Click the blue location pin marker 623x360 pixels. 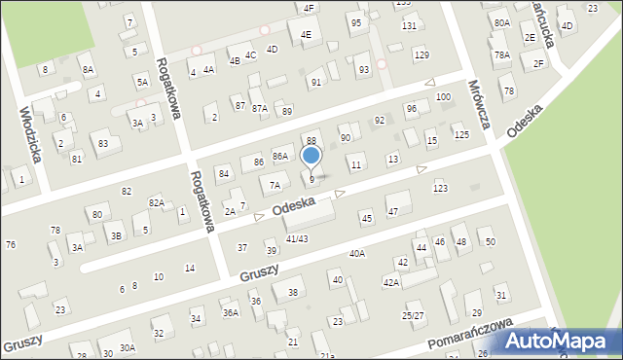pyautogui.click(x=311, y=156)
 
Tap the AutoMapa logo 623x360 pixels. pyautogui.click(x=560, y=341)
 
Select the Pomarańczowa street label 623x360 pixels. pyautogui.click(x=468, y=338)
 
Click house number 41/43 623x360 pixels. pyautogui.click(x=297, y=238)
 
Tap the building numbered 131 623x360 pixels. pyautogui.click(x=409, y=25)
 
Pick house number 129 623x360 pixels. pyautogui.click(x=421, y=54)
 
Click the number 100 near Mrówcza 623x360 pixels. pyautogui.click(x=443, y=97)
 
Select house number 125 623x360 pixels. pyautogui.click(x=460, y=134)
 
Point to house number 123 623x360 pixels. pyautogui.click(x=440, y=188)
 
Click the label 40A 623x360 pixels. pyautogui.click(x=357, y=254)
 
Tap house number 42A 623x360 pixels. pyautogui.click(x=390, y=282)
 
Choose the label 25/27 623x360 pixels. pyautogui.click(x=414, y=315)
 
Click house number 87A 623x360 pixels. pyautogui.click(x=259, y=108)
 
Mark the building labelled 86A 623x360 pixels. pyautogui.click(x=279, y=157)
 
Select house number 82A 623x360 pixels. pyautogui.click(x=156, y=201)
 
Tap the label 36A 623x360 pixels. pyautogui.click(x=230, y=312)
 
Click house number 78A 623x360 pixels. pyautogui.click(x=501, y=55)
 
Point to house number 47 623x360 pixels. pyautogui.click(x=393, y=211)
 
